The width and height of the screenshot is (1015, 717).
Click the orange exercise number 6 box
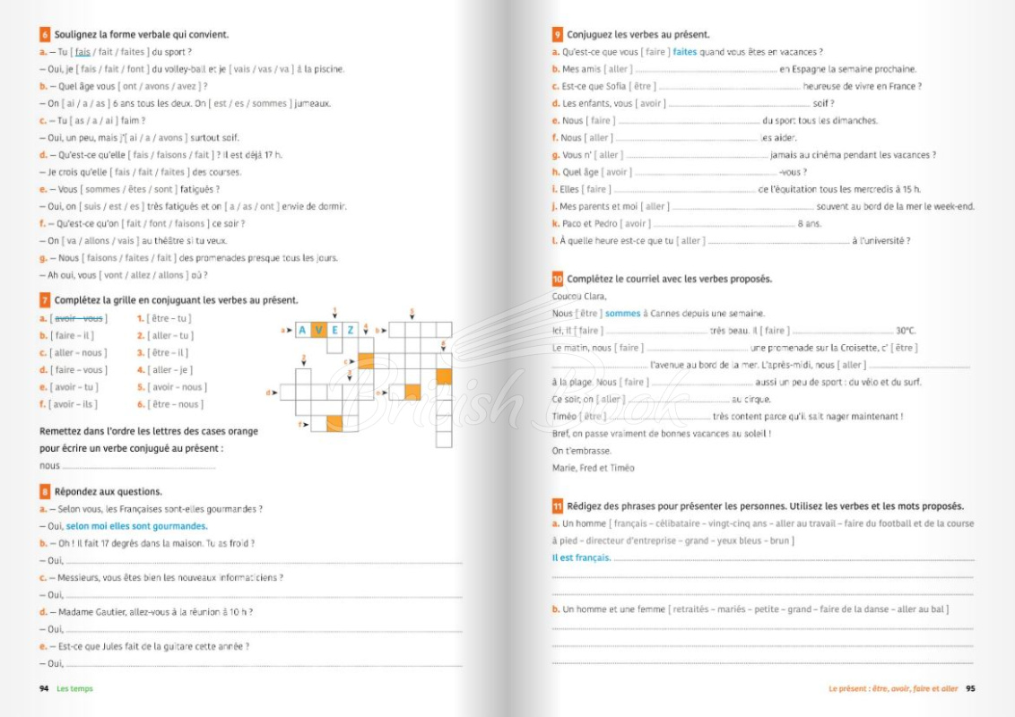click(x=45, y=35)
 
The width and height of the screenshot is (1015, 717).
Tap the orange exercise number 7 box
click(x=45, y=300)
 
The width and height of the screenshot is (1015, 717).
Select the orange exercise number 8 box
click(x=45, y=491)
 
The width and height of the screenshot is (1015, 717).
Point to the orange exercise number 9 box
click(x=558, y=35)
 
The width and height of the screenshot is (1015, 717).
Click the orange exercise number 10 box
click(x=558, y=279)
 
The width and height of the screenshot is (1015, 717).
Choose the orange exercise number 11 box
click(x=558, y=506)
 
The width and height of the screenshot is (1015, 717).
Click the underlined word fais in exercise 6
click(x=82, y=52)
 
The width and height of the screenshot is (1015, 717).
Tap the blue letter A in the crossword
click(x=302, y=330)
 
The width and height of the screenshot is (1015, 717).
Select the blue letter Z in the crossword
click(x=351, y=330)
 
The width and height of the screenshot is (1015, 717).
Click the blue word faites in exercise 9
click(x=684, y=52)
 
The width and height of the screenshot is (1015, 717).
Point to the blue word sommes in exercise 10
click(x=622, y=314)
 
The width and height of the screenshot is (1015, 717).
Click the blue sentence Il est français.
click(x=581, y=557)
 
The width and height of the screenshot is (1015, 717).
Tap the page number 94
click(x=44, y=688)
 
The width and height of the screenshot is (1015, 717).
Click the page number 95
click(x=969, y=688)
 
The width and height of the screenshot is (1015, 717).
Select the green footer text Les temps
click(x=74, y=688)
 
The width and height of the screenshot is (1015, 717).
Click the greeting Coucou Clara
click(x=579, y=297)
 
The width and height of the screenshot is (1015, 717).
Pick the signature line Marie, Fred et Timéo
click(x=593, y=468)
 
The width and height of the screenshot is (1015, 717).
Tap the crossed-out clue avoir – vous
click(x=79, y=318)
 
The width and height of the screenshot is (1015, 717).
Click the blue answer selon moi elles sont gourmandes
click(x=136, y=526)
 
